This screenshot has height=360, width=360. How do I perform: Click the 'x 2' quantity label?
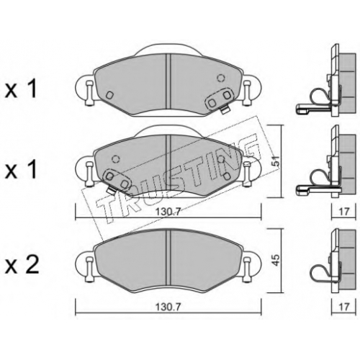(x=22, y=266)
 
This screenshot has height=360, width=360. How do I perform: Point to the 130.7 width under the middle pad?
(x=168, y=212)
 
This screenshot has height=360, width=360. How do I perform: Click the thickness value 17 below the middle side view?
(x=343, y=212)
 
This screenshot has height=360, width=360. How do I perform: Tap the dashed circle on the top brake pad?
(x=220, y=78)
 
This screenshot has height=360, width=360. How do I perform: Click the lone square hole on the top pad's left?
(x=109, y=95)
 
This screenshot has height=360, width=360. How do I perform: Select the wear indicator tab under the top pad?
(x=225, y=110)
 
